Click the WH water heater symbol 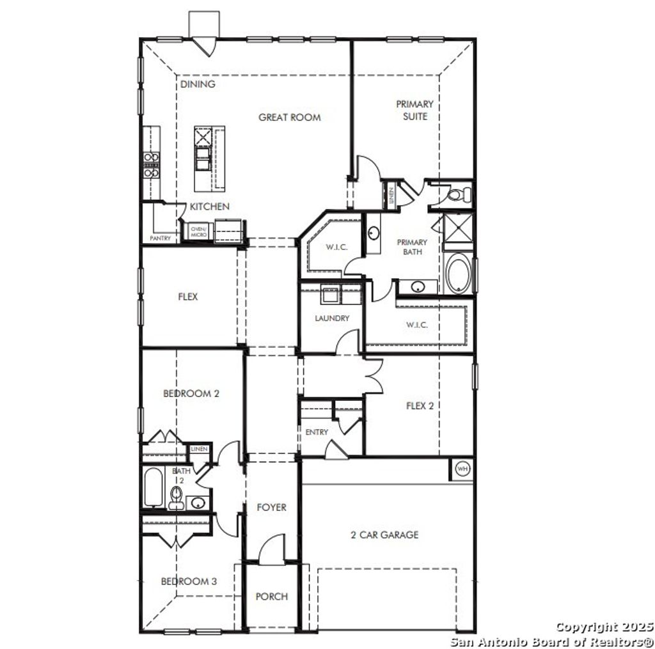point(462,469)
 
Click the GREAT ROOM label point(289,117)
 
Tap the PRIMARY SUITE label point(414,110)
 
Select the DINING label point(198,84)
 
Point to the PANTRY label point(160,238)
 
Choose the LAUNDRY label point(332,318)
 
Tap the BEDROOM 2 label point(191,393)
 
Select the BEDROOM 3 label point(189,581)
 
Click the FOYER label point(271,507)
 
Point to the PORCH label point(271,597)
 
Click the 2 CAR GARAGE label point(384,535)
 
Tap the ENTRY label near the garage point(317,432)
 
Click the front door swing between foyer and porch point(272,549)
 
